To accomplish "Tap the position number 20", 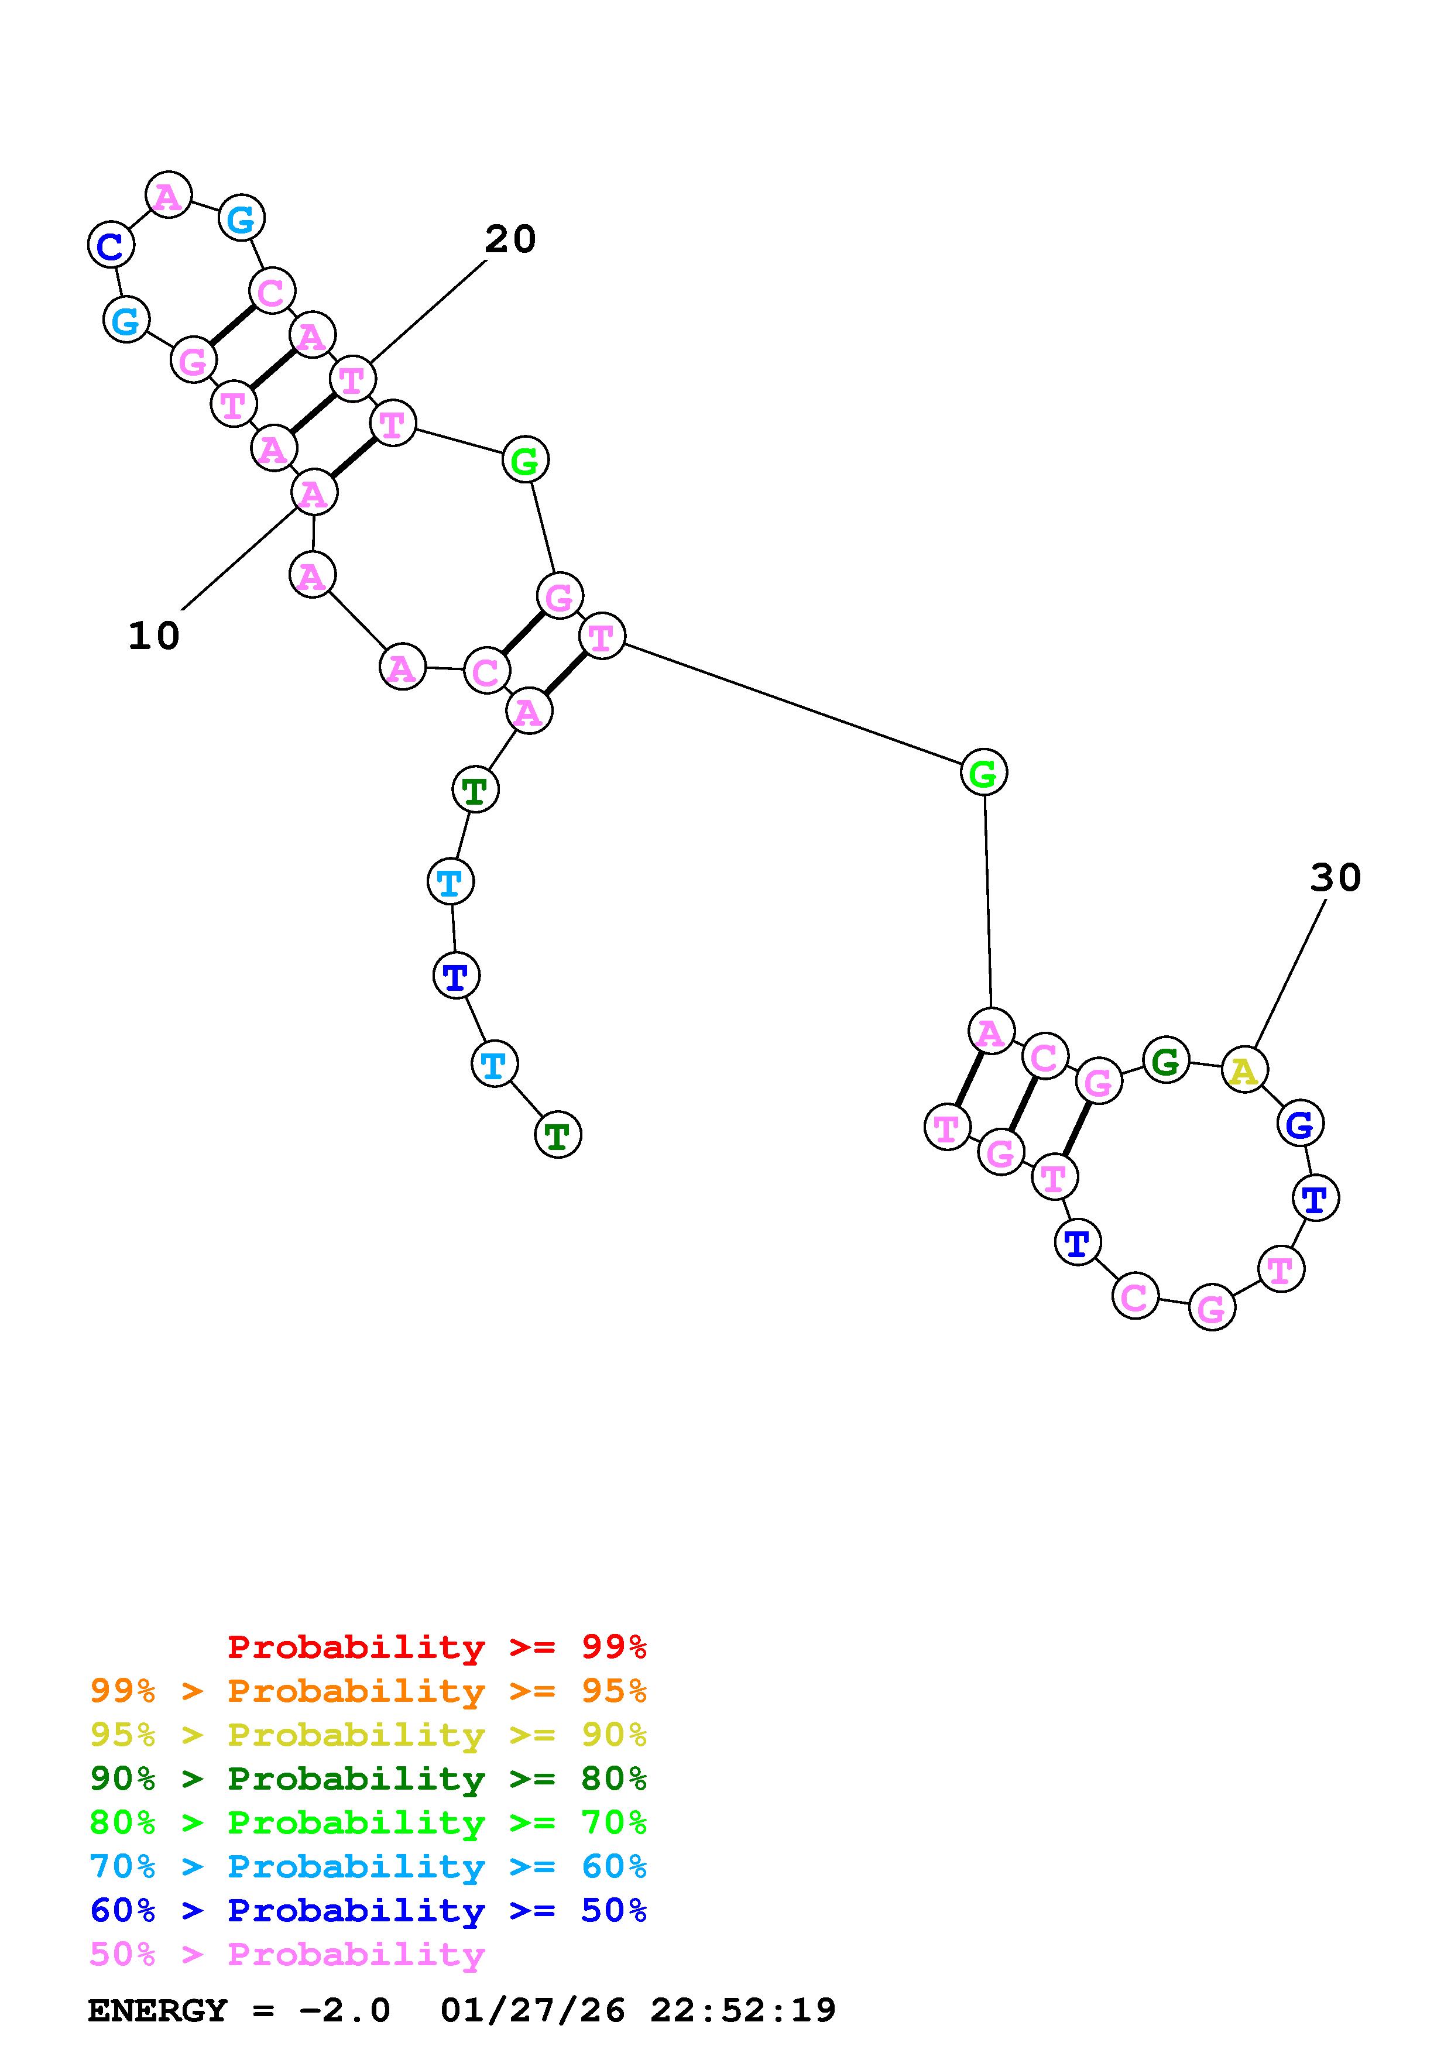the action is (510, 239).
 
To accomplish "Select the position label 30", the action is (1335, 878).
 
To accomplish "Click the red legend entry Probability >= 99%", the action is (436, 1647).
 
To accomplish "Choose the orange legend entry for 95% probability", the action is (368, 1691).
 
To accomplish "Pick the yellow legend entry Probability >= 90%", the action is (368, 1735).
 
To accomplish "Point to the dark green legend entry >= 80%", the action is (368, 1779).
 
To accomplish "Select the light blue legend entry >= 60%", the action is (368, 1866).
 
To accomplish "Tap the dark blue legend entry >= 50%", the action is (368, 1910).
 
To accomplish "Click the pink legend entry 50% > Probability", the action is (287, 1954).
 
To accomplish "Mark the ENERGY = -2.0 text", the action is (239, 2011).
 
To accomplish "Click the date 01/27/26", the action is (533, 2011).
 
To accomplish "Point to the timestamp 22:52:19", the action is (743, 2011).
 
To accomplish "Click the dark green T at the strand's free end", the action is (558, 1135).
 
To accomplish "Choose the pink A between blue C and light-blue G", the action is (168, 195).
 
